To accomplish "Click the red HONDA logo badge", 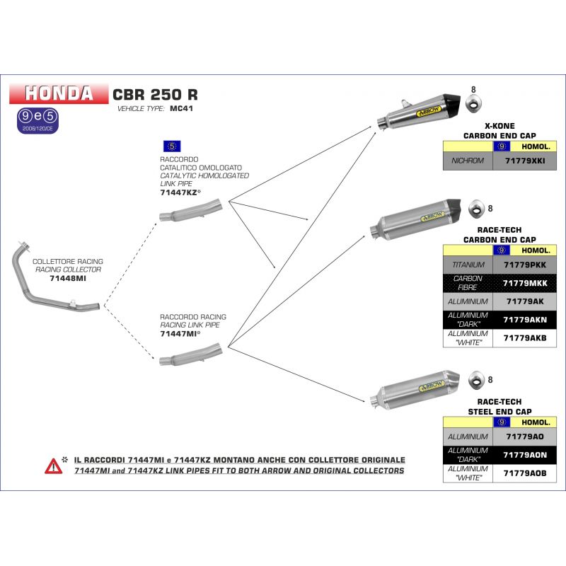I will pos(59,93).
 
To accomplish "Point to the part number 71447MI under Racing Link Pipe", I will pos(178,333).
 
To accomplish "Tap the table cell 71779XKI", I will pos(524,161).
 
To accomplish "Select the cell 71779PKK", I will pos(524,265).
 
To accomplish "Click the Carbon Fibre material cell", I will pos(468,283).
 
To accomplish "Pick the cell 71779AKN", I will pos(524,320).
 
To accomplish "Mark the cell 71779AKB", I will pos(524,338).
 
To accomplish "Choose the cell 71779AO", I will pos(524,437).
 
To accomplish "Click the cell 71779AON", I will pos(524,455).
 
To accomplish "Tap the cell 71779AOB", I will pos(524,473).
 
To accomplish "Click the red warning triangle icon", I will pos(53,466).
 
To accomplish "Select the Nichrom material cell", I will pos(468,161).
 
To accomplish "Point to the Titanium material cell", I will pos(468,265).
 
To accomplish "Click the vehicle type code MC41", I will pos(182,110).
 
